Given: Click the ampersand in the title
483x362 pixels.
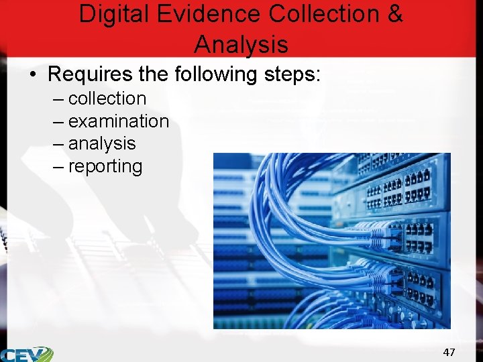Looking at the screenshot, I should tap(395, 14).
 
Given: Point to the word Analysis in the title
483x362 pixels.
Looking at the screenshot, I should tap(241, 44).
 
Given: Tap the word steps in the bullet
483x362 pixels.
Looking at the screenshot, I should tap(292, 74).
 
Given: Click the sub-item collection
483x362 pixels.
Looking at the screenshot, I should tap(107, 99).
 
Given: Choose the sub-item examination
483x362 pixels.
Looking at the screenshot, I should tap(119, 121).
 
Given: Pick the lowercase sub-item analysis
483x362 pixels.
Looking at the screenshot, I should tap(102, 143).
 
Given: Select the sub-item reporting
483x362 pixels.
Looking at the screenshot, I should tap(105, 166).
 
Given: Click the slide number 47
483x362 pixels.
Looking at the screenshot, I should tap(449, 352).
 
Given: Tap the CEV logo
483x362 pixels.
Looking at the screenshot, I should tap(27, 354).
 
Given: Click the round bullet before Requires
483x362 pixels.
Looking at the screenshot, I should tap(32, 74).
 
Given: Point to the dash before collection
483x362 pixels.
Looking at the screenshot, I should tap(58, 99).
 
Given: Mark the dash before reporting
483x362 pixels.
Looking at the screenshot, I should tap(58, 166).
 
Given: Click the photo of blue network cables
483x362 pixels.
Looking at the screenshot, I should tap(332, 241).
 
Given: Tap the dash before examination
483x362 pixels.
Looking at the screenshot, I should tap(58, 122).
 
